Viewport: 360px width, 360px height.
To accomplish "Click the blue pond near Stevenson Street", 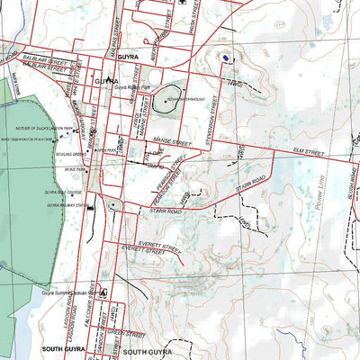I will [x=225, y=60].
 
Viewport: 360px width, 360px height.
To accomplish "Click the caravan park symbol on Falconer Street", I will [x=104, y=292].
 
